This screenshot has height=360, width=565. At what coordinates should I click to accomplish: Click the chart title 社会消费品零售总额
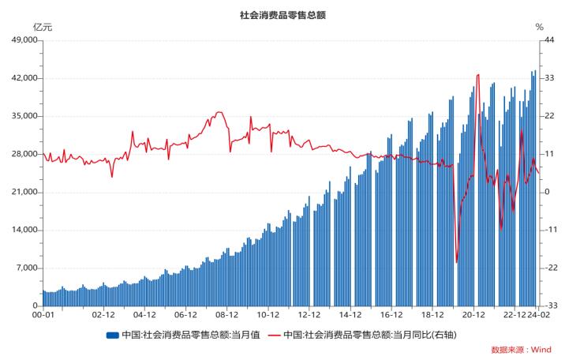tap(282, 15)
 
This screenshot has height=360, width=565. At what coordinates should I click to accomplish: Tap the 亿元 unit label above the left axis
tap(43, 28)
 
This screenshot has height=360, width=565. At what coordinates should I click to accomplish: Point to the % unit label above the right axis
tap(540, 28)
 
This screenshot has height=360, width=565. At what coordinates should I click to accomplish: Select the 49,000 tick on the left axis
tap(22, 40)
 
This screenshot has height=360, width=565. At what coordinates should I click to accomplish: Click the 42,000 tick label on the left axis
tap(22, 78)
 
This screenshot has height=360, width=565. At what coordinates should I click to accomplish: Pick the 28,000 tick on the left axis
tap(22, 154)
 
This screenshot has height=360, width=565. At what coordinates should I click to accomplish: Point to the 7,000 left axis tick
tap(24, 268)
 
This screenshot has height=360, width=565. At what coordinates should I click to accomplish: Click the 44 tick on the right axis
tap(544, 40)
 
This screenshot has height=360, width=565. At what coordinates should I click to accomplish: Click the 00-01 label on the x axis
tap(43, 313)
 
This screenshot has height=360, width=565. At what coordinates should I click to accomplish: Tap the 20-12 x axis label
tap(473, 313)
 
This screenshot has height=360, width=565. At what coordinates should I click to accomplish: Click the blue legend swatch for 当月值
tap(112, 334)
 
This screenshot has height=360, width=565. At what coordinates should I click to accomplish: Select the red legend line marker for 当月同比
tap(274, 334)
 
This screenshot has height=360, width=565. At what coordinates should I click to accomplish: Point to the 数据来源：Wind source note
tap(521, 349)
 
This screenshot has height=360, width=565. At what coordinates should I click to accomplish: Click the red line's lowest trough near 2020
tap(457, 262)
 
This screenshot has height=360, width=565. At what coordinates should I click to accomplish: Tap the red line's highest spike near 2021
tap(479, 74)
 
